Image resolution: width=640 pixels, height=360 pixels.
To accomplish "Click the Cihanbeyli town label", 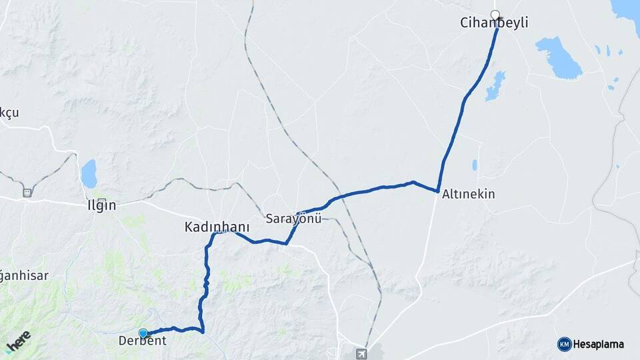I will pyautogui.click(x=494, y=23).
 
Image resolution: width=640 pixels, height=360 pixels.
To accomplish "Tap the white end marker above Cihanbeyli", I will pyautogui.click(x=495, y=14).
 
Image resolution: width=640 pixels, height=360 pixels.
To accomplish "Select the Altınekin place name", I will pyautogui.click(x=468, y=194).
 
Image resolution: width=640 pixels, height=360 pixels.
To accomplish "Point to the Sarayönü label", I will pyautogui.click(x=293, y=219).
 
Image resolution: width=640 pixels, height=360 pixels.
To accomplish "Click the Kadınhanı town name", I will pyautogui.click(x=217, y=227).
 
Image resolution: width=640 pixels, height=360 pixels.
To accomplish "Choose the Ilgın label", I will pyautogui.click(x=102, y=205).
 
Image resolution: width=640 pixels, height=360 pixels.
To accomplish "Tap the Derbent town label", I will pyautogui.click(x=142, y=341).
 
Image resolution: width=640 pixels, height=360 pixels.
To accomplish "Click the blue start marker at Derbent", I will pyautogui.click(x=143, y=333).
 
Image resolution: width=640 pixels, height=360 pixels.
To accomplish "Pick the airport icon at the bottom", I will pyautogui.click(x=361, y=353).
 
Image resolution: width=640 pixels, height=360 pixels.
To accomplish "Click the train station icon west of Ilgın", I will pyautogui.click(x=27, y=193).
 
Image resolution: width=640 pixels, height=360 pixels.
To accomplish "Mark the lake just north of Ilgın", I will pyautogui.click(x=89, y=173).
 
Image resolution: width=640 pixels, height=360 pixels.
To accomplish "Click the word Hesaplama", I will pyautogui.click(x=598, y=344).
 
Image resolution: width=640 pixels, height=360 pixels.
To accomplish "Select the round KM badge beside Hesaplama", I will pyautogui.click(x=564, y=344).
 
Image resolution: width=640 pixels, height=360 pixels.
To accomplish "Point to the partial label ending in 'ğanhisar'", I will pyautogui.click(x=24, y=275).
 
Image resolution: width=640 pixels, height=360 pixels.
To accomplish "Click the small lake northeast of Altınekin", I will pyautogui.click(x=475, y=165).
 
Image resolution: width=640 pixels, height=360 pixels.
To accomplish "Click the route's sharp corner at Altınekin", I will pyautogui.click(x=437, y=191).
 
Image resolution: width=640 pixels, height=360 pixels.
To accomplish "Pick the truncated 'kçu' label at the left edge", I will pyautogui.click(x=9, y=113).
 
